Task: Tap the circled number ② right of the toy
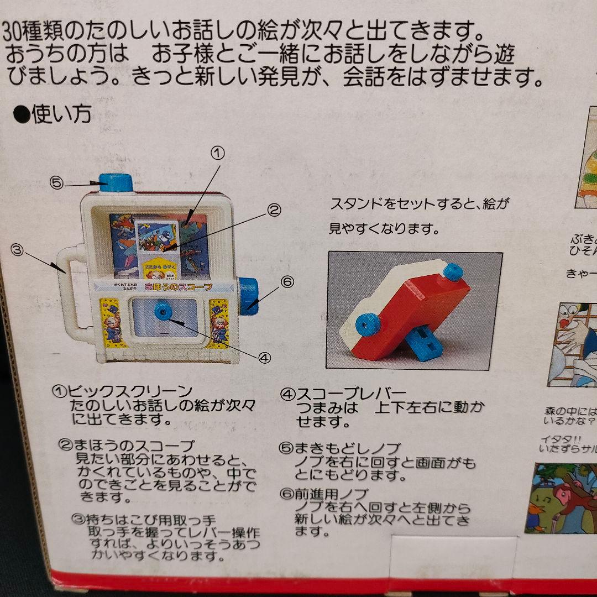tap(274, 210)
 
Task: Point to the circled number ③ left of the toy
tap(18, 250)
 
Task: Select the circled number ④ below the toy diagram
tap(265, 358)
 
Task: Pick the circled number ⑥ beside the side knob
tap(287, 281)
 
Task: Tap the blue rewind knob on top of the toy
tap(115, 182)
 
